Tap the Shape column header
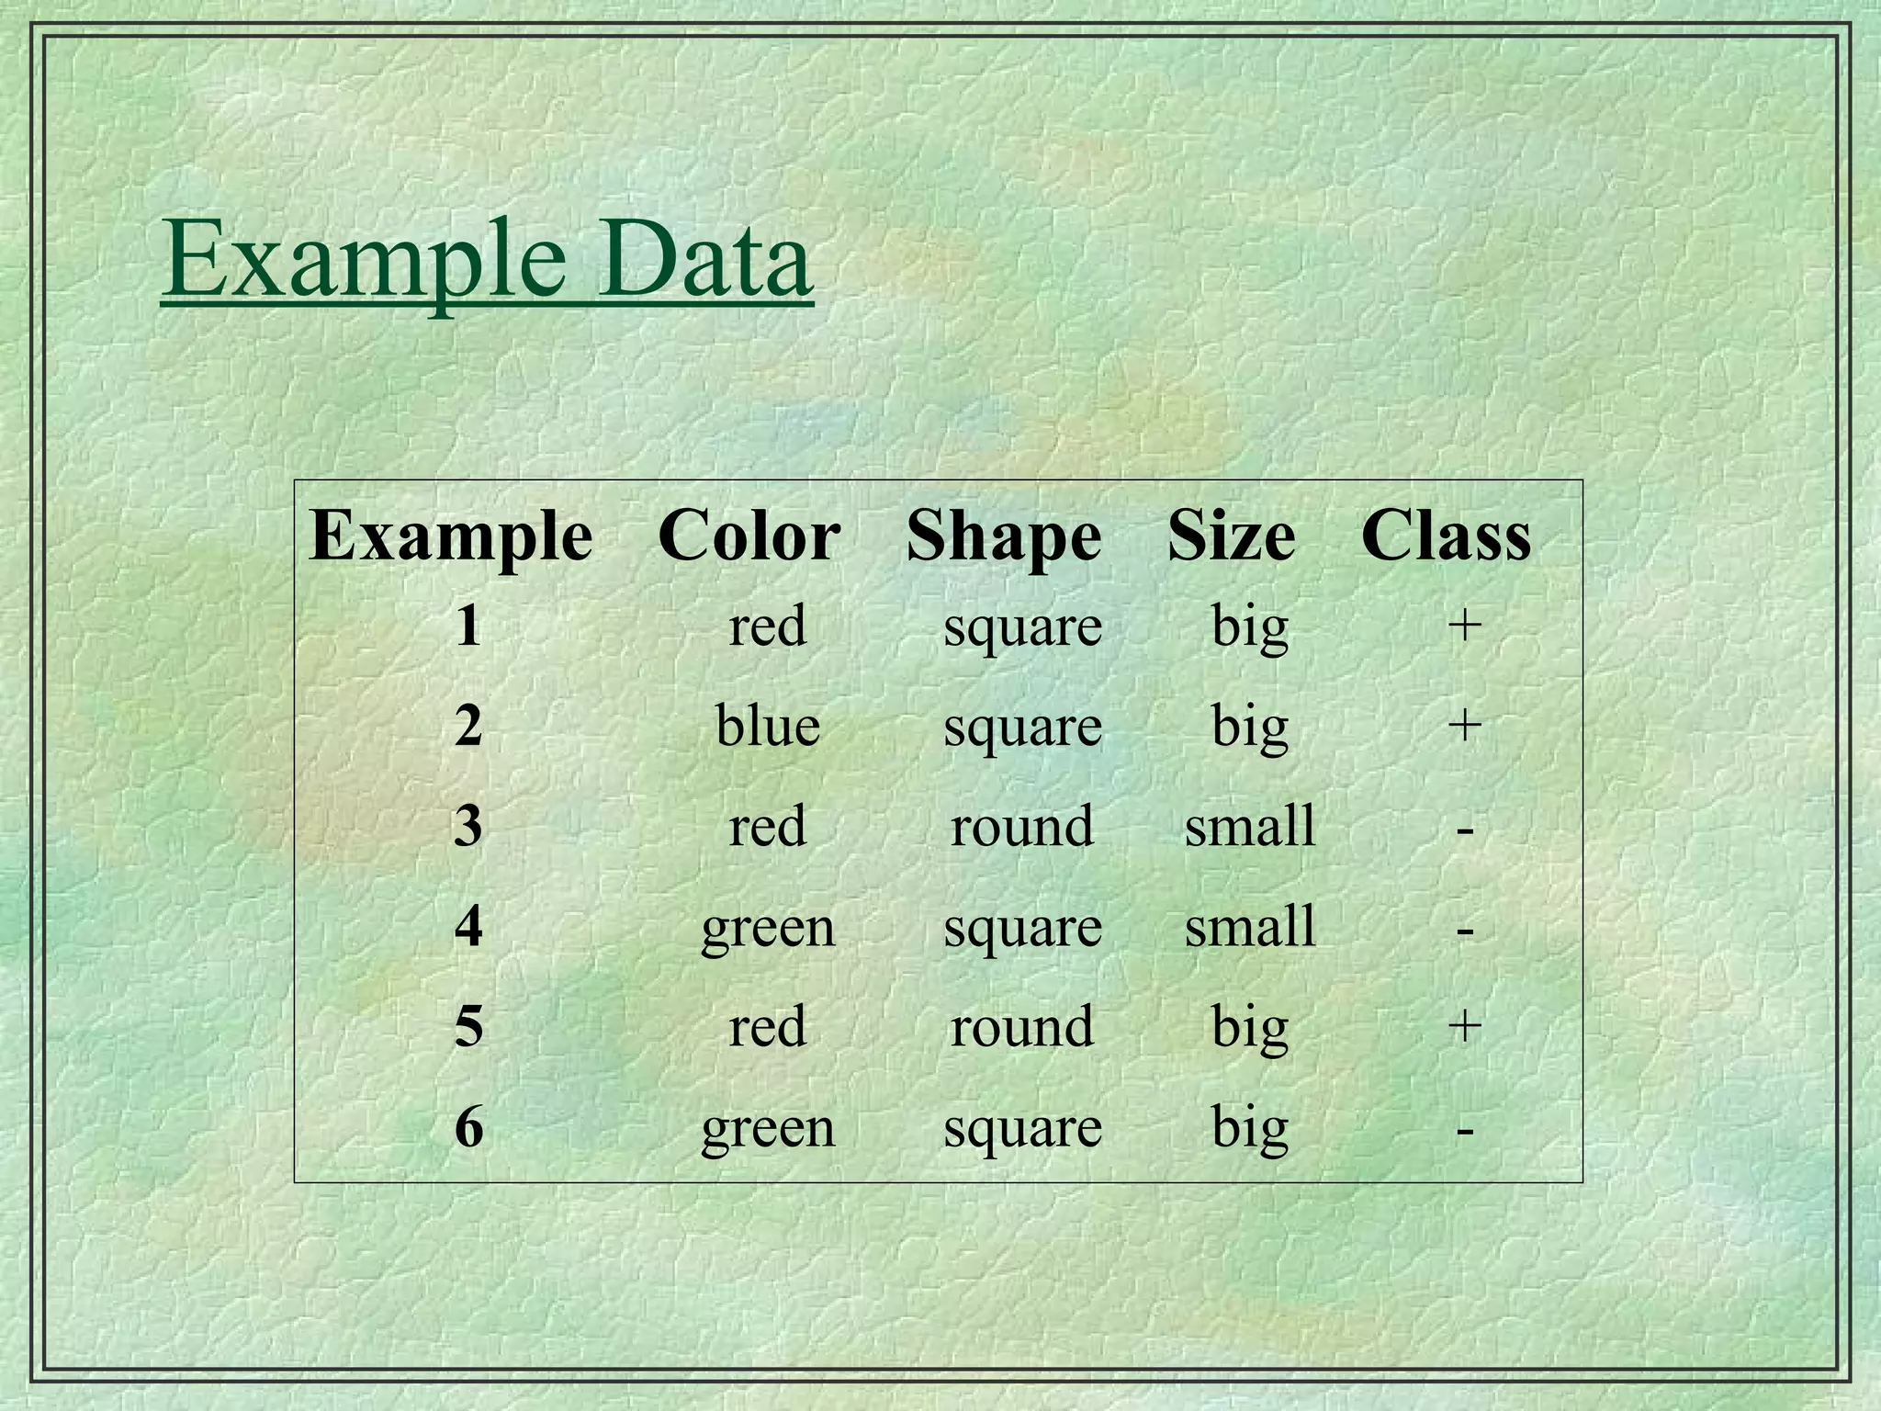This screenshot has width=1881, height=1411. (1003, 536)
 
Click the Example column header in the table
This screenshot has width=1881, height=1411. (450, 536)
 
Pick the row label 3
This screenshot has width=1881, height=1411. (468, 825)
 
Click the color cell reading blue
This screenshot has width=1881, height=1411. (768, 726)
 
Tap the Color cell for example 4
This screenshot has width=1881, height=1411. (768, 928)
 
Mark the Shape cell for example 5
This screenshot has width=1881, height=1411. (1021, 1026)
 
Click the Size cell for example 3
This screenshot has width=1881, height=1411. (1249, 825)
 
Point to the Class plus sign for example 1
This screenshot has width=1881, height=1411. (1464, 626)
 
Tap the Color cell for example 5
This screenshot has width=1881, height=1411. (768, 1026)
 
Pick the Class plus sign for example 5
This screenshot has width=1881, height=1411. (1464, 1024)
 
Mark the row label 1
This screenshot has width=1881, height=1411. (468, 626)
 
